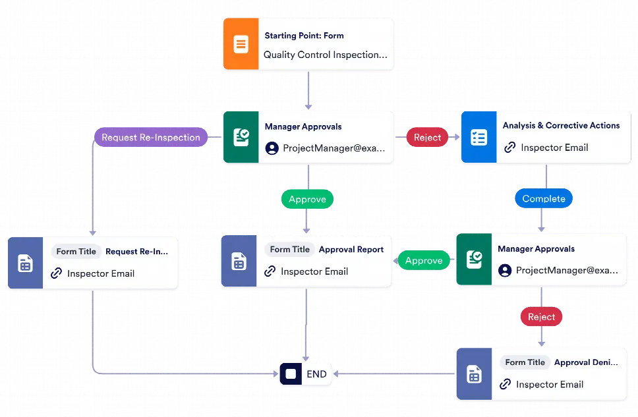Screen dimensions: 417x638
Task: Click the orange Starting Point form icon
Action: (241, 45)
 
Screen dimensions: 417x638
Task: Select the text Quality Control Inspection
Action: (325, 55)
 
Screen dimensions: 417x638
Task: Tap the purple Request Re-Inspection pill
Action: (151, 138)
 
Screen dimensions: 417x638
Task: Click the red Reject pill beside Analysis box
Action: (427, 138)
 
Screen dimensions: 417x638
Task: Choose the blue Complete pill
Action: (544, 198)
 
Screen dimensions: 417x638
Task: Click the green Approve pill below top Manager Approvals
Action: (307, 199)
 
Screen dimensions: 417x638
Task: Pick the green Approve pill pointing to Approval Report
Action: (424, 261)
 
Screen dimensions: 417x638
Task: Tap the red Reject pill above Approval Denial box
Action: (542, 317)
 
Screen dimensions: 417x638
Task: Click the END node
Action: (306, 374)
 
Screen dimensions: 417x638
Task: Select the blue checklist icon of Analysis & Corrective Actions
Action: (478, 137)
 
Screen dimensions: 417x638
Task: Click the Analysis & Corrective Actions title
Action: (561, 125)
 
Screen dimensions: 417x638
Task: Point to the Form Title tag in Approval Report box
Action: (289, 250)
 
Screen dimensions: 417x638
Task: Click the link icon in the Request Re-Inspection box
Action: (57, 273)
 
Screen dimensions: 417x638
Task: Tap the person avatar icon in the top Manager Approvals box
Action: (272, 148)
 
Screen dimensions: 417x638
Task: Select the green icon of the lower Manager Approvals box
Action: (474, 260)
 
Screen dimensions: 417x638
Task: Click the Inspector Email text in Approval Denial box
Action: (550, 384)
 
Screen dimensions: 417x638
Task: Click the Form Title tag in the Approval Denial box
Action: (525, 362)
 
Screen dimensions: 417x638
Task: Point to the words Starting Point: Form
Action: (304, 36)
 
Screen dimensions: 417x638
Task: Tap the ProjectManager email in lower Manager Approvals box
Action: (567, 270)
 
